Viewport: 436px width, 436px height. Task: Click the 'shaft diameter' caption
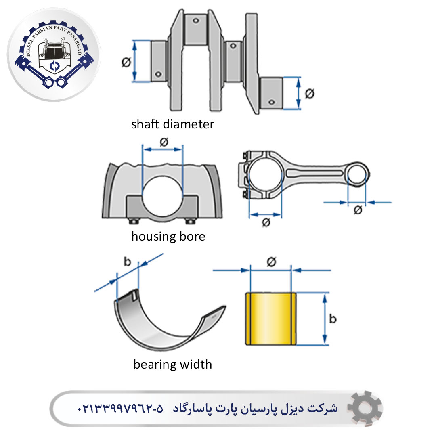point(172,124)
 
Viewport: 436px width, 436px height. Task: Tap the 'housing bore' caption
point(168,236)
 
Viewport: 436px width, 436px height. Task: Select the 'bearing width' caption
point(172,365)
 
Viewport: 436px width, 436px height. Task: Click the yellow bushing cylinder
point(271,319)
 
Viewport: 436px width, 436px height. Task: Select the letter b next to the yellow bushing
point(333,319)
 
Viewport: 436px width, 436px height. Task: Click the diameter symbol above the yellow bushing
point(271,262)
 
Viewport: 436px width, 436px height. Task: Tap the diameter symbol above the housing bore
point(163,142)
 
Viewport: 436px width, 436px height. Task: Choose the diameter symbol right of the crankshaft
point(309,94)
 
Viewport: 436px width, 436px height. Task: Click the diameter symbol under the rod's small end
point(358,210)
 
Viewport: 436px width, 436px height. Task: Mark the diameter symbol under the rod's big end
point(266,222)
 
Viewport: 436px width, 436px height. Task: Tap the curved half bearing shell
point(161,323)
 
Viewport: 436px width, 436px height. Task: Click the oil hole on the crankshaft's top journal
point(196,21)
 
